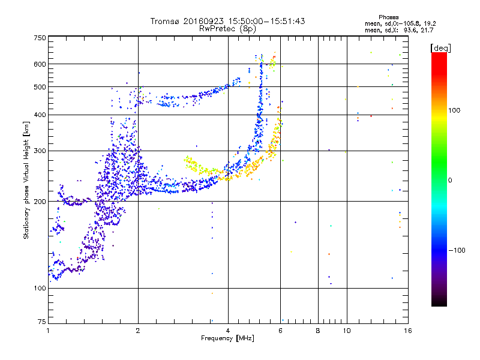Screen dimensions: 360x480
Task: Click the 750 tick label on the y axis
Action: point(39,38)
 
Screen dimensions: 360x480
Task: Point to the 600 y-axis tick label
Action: point(39,64)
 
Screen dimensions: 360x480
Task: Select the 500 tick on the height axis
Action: point(39,87)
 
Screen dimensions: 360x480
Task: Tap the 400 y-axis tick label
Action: point(39,115)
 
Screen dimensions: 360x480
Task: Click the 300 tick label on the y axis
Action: point(39,151)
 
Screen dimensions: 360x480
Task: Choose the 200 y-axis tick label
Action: point(39,202)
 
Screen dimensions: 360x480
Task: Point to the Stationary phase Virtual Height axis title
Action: point(26,180)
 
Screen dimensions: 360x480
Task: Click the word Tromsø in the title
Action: point(166,21)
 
